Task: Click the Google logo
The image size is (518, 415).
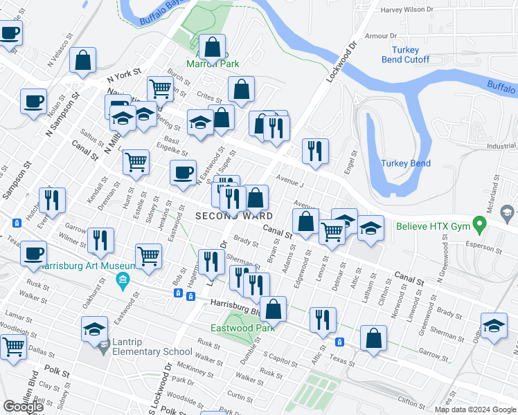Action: pos(24,407)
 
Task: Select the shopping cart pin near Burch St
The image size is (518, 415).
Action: pos(160,88)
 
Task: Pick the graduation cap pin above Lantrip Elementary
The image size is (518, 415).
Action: pos(95,328)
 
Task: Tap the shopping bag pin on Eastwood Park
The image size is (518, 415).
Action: pos(274,308)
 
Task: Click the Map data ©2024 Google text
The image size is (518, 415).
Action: pos(475,409)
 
